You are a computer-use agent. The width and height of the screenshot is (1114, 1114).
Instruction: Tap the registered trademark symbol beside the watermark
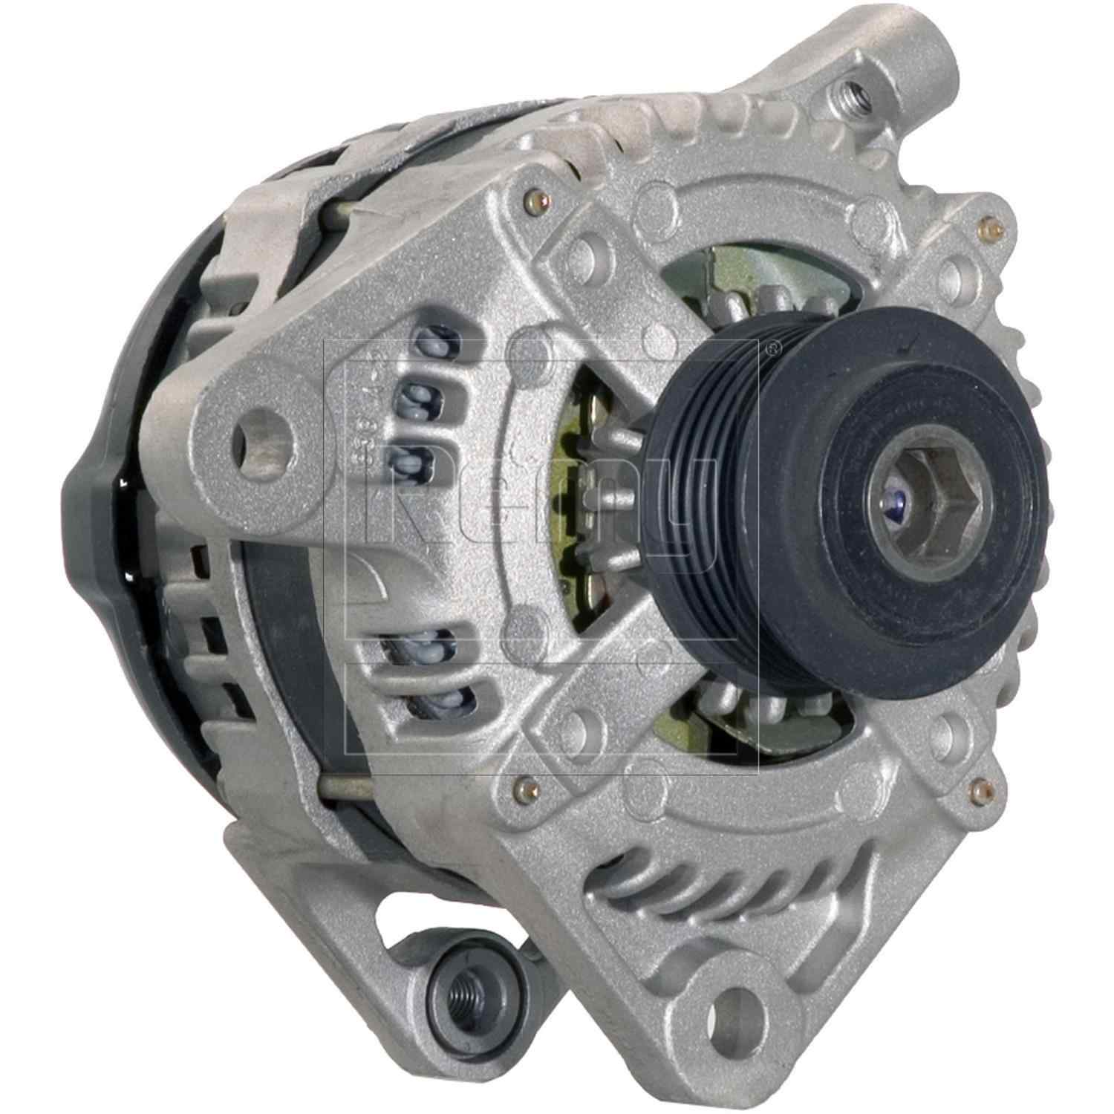pos(774,346)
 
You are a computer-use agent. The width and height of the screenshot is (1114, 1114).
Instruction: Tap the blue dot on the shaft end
pos(902,505)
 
